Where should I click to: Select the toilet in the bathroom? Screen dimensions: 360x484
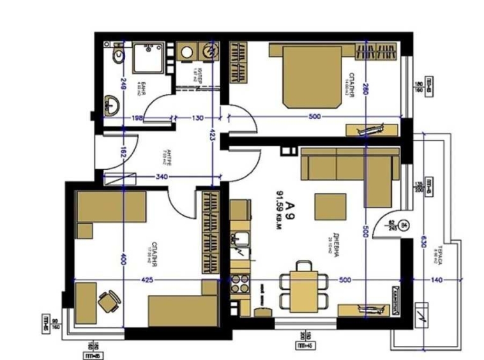[116, 57]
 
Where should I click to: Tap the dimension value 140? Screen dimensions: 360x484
[437, 280]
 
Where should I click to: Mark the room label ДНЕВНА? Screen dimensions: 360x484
[335, 246]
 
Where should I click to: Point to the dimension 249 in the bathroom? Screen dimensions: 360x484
[123, 84]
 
